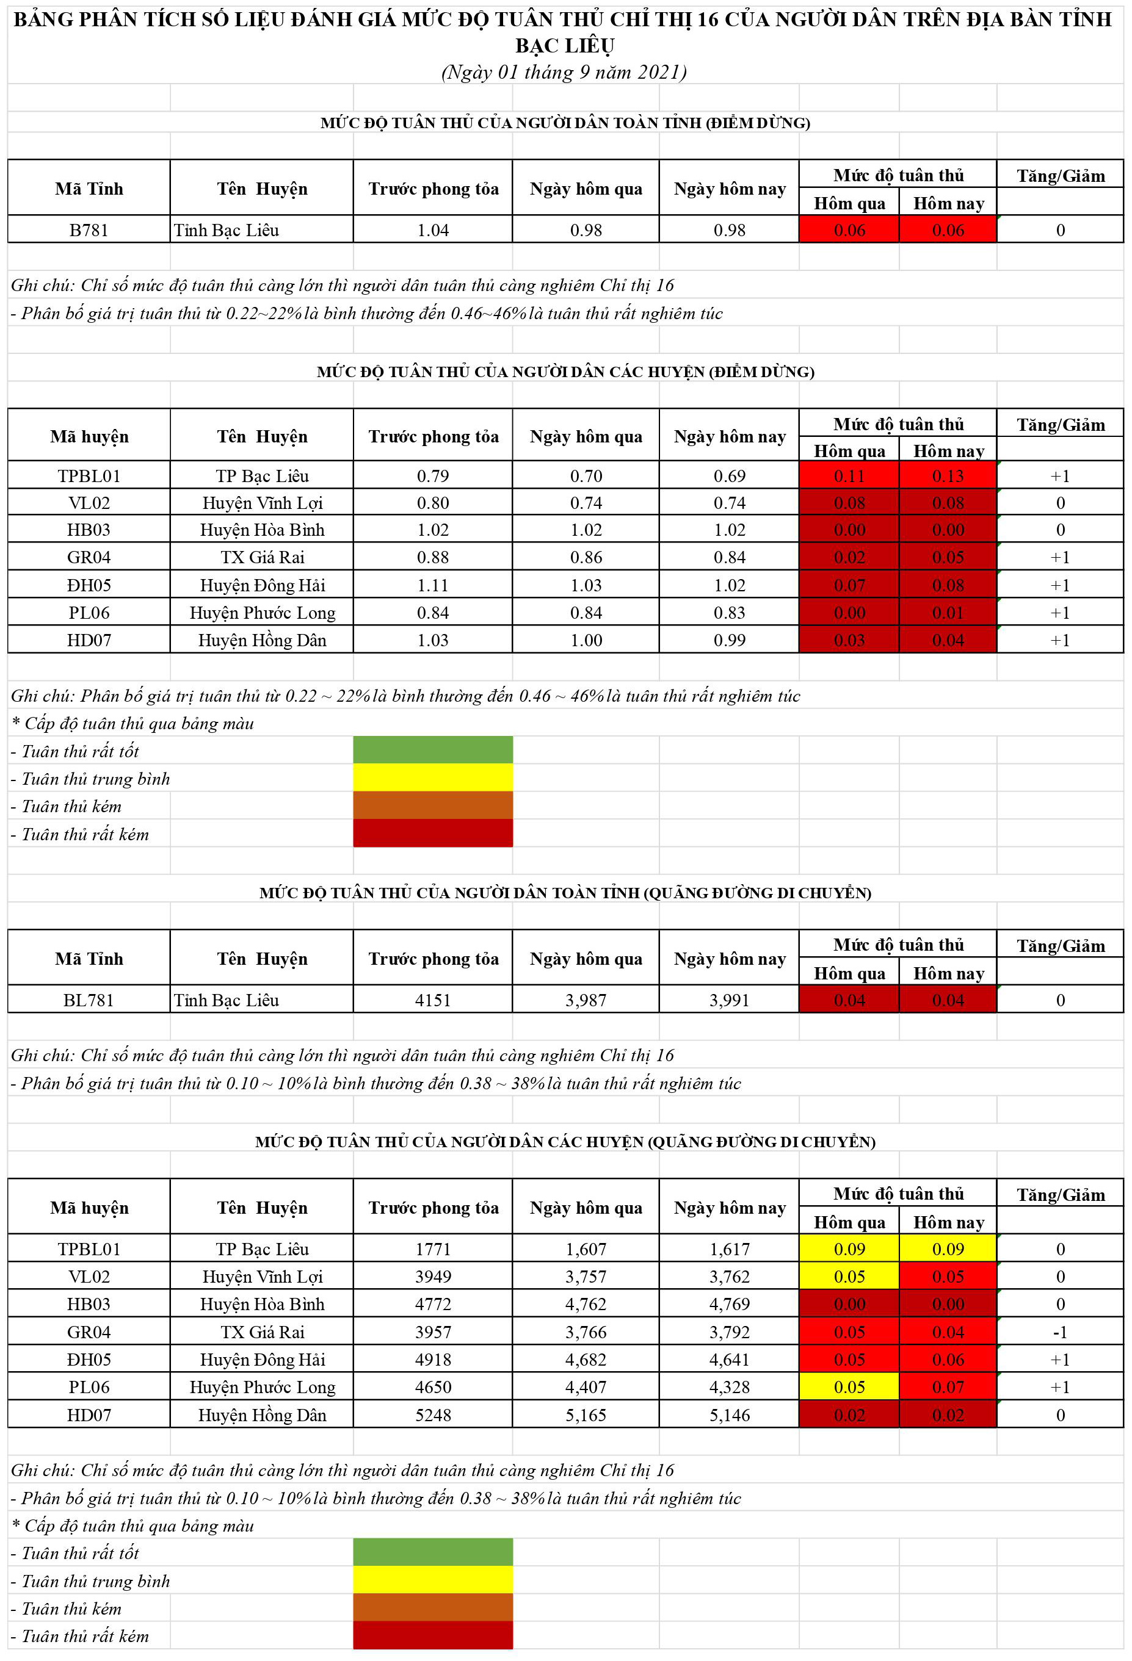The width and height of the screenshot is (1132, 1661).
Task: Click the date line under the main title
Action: pyautogui.click(x=564, y=72)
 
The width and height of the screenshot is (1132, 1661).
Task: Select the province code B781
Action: pyautogui.click(x=89, y=230)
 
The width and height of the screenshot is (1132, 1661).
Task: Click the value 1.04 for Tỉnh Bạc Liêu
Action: pyautogui.click(x=433, y=230)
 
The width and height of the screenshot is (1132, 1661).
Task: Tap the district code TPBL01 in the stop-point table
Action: pyautogui.click(x=89, y=476)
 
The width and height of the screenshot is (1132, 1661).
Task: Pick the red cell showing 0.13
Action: pyautogui.click(x=948, y=476)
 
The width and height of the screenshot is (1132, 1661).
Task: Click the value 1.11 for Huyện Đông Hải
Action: pyautogui.click(x=433, y=585)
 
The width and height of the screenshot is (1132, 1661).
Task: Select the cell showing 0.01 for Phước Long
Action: pyautogui.click(x=948, y=613)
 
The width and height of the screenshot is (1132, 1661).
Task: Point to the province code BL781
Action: pyautogui.click(x=89, y=1000)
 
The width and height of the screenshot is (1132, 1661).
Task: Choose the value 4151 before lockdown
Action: pyautogui.click(x=433, y=1000)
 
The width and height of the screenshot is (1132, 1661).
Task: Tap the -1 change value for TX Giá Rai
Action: pyautogui.click(x=1060, y=1332)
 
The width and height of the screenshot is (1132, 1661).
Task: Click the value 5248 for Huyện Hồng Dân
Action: pyautogui.click(x=433, y=1415)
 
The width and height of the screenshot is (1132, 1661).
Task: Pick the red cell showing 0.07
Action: pyautogui.click(x=948, y=1387)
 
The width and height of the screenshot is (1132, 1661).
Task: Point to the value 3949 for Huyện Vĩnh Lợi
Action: pyautogui.click(x=433, y=1277)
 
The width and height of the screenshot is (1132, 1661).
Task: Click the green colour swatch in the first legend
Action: pyautogui.click(x=433, y=751)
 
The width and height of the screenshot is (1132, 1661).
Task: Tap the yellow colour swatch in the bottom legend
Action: pyautogui.click(x=433, y=1580)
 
